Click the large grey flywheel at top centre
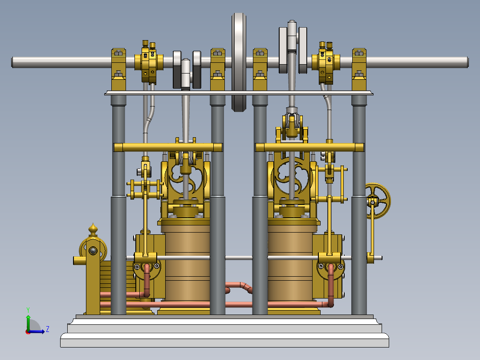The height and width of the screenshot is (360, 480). click(x=239, y=62)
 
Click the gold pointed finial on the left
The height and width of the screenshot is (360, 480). click(x=93, y=229)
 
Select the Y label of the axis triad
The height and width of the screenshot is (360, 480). click(x=28, y=309)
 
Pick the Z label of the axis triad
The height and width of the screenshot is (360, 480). click(x=47, y=329)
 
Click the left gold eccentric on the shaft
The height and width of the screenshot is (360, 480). click(x=148, y=62)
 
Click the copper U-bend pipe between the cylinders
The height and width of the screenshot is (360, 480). click(x=239, y=286)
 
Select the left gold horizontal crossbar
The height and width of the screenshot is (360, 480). click(x=168, y=147)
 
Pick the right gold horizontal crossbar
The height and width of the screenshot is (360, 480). click(x=309, y=147)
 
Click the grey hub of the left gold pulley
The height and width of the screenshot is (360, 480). click(x=93, y=251)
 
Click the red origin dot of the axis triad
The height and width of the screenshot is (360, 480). click(x=28, y=331)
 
